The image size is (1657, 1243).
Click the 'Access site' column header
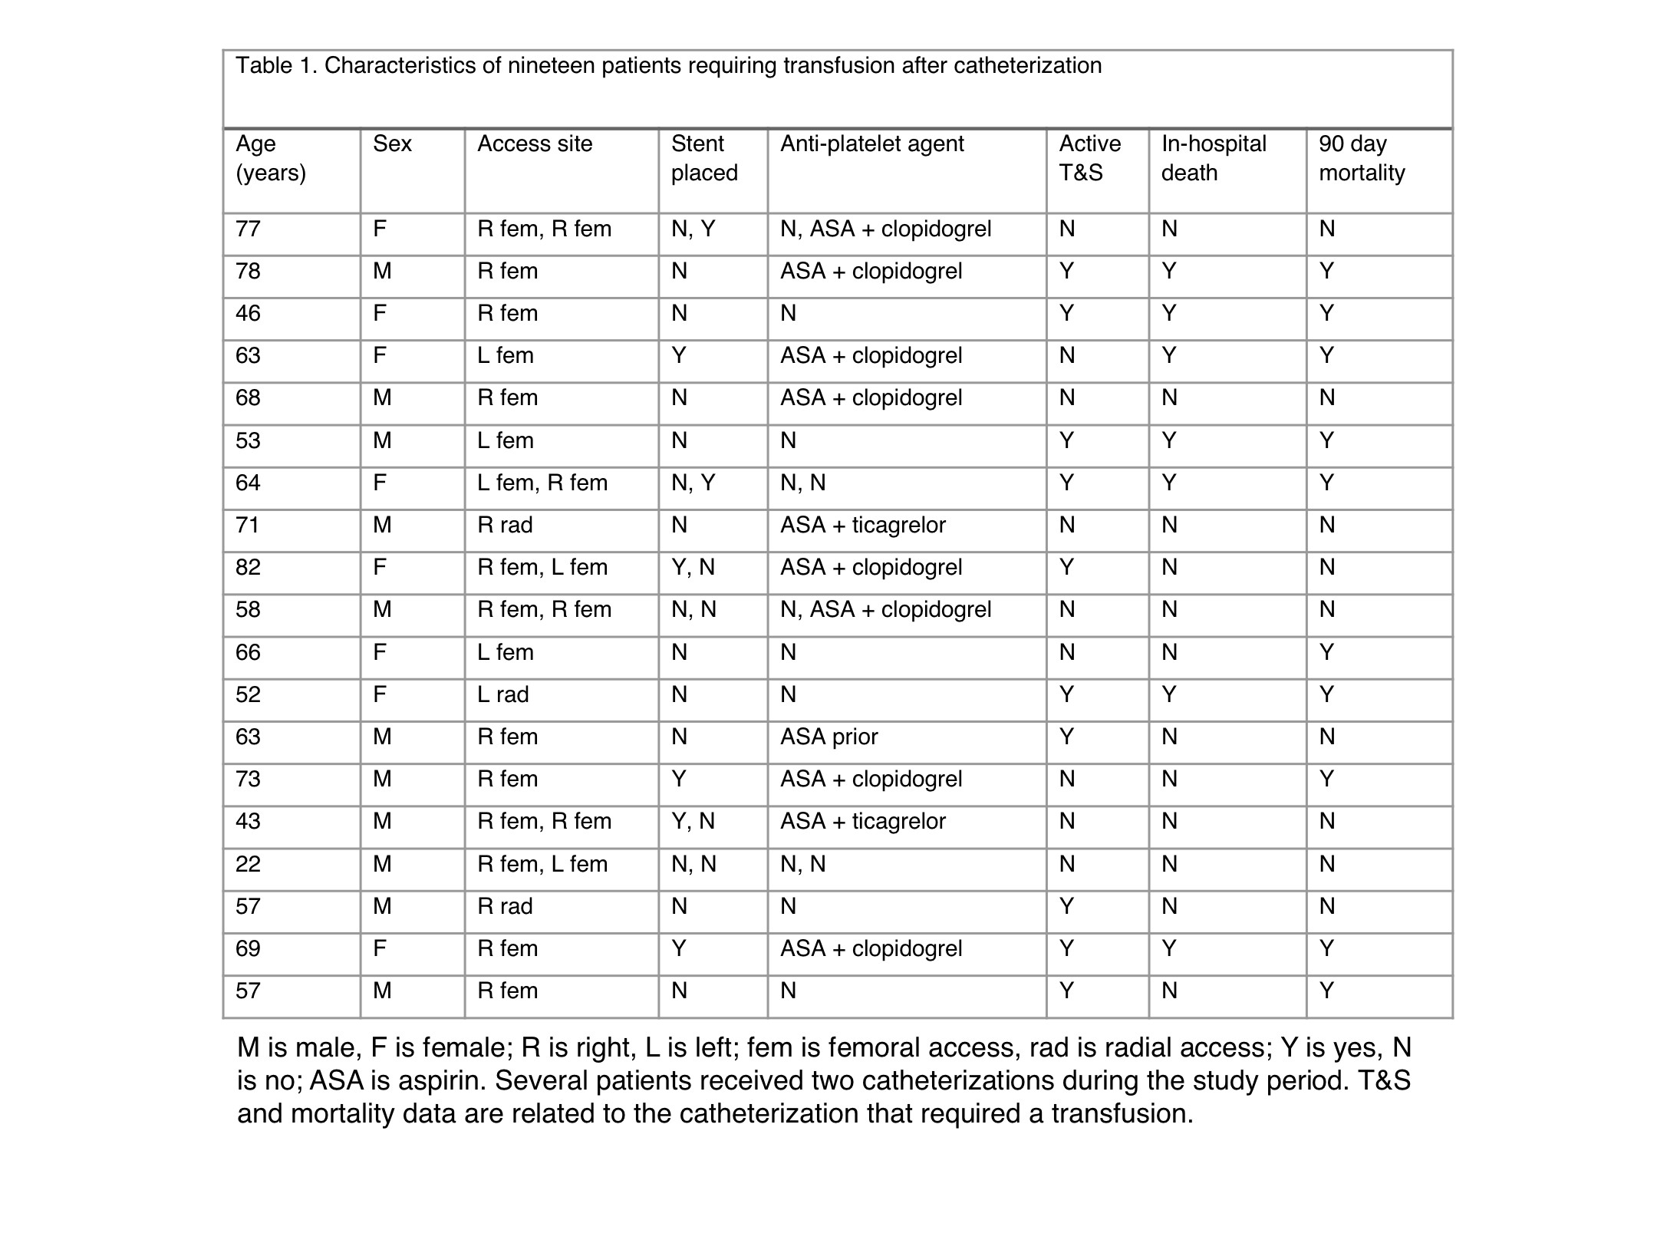[535, 144]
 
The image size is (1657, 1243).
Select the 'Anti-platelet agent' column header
[871, 144]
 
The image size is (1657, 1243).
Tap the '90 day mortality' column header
[1362, 158]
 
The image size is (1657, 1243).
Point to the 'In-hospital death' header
[1214, 158]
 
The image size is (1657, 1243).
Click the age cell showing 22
[248, 864]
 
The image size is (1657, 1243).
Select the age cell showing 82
[248, 567]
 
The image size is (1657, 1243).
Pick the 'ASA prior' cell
[828, 737]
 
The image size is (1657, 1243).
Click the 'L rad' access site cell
[502, 694]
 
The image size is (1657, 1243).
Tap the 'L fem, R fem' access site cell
[542, 483]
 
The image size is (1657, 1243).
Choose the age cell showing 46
[248, 313]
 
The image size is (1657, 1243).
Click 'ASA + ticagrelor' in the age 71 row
[862, 525]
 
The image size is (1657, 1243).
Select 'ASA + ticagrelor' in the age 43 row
[862, 821]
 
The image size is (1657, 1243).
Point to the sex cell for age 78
[382, 271]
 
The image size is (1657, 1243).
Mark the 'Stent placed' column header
[704, 158]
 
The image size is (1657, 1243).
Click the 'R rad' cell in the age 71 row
[504, 525]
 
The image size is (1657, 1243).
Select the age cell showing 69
[248, 948]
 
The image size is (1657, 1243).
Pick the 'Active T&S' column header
[1089, 158]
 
